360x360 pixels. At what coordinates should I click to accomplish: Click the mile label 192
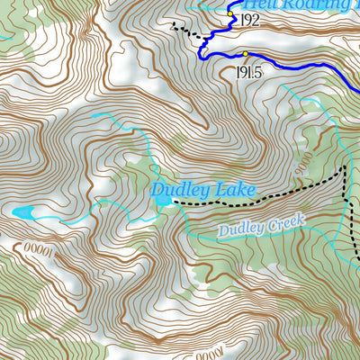[x=249, y=19]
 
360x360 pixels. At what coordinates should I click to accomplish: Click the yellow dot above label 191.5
[x=245, y=54]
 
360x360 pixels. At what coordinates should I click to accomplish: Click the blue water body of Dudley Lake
[x=164, y=202]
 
